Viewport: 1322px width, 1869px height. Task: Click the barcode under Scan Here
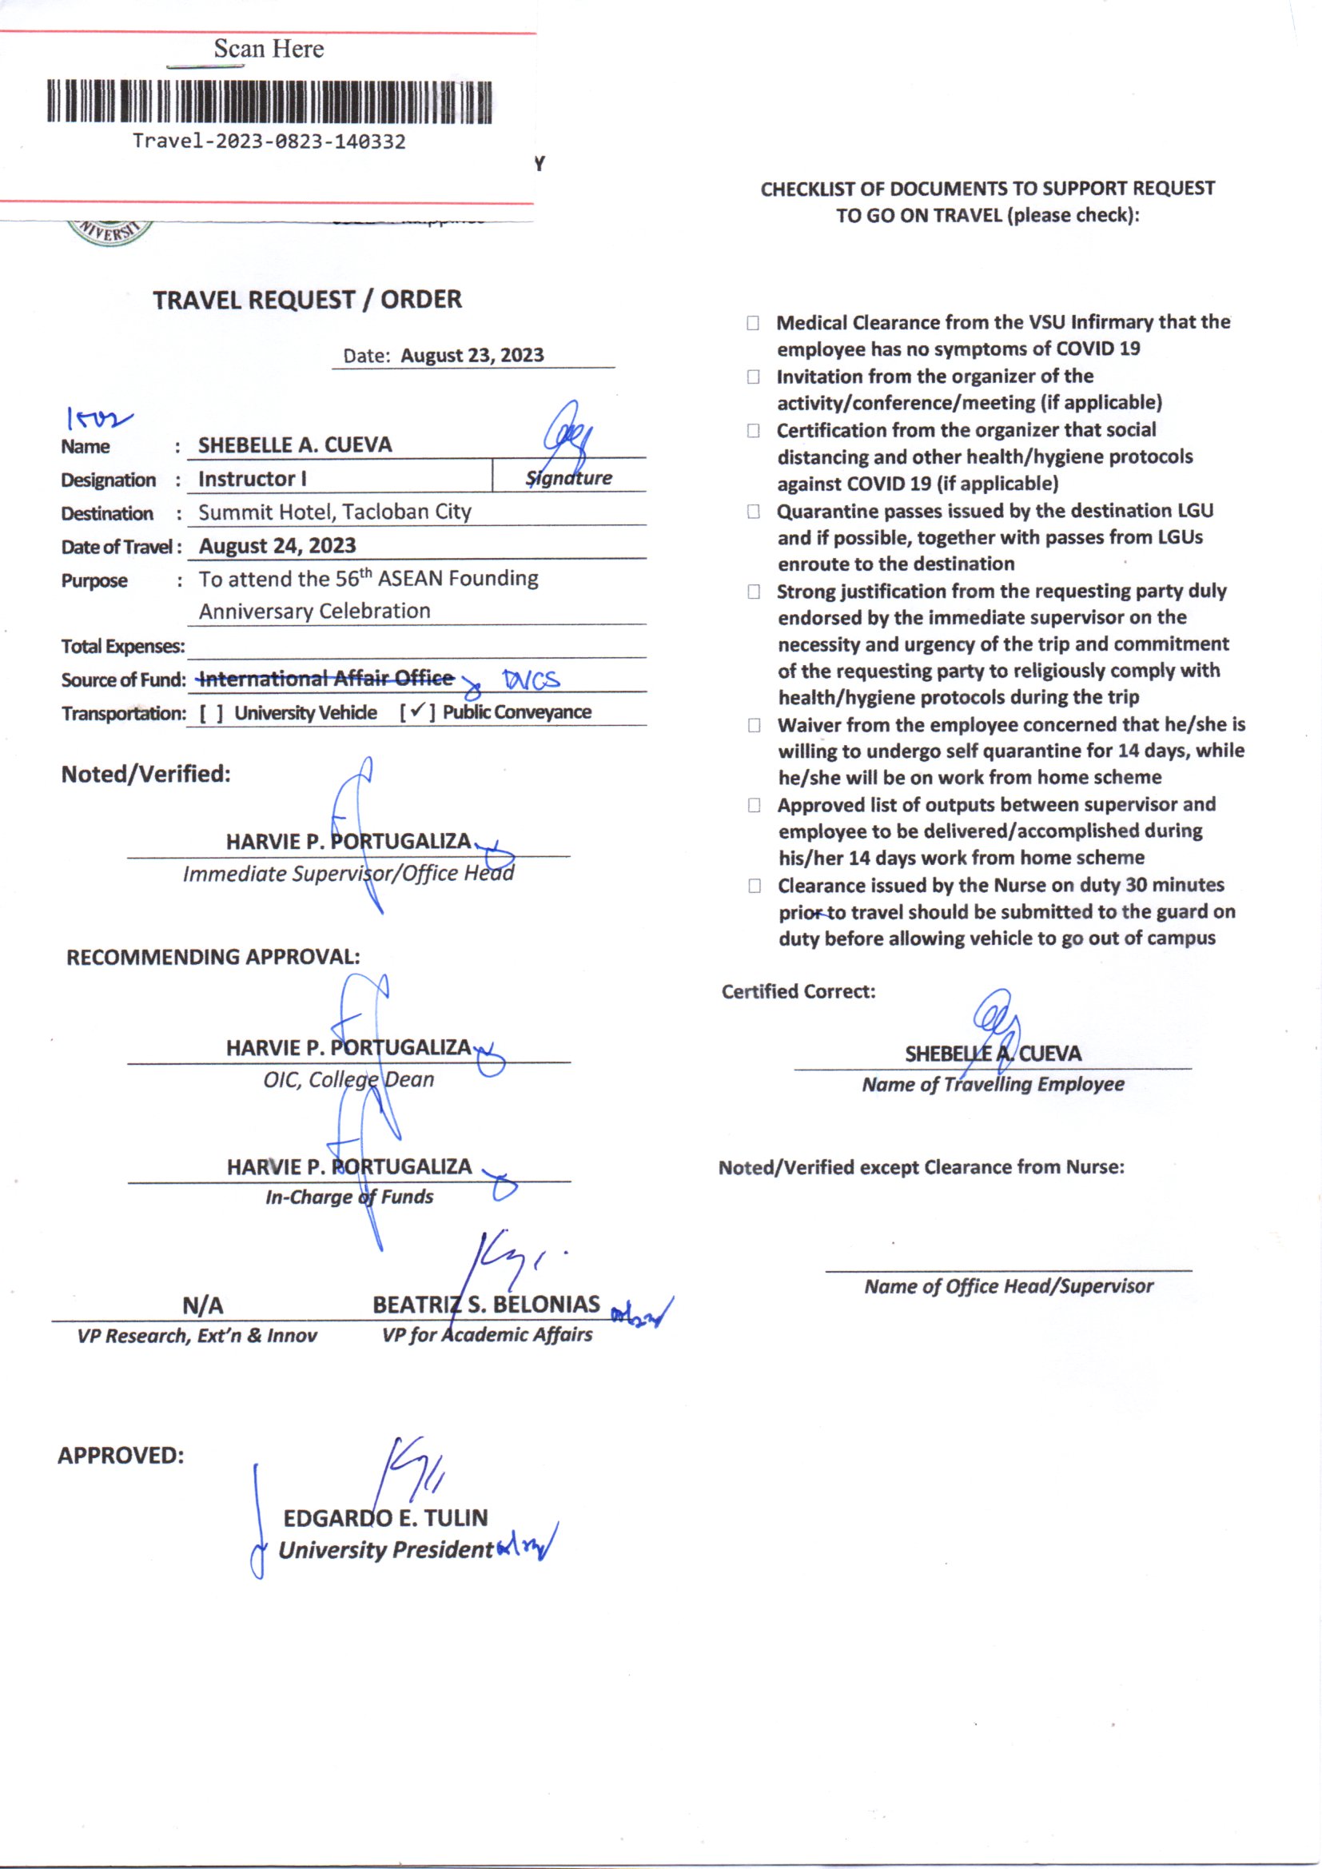coord(269,102)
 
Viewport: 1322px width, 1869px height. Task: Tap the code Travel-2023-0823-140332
coord(269,141)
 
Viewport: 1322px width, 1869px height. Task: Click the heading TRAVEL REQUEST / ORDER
coord(307,300)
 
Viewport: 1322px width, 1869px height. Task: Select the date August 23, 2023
coord(472,355)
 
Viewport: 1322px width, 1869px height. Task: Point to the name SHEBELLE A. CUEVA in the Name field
coord(295,444)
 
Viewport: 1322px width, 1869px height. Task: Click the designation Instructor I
coord(253,479)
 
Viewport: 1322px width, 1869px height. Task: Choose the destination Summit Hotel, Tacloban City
coord(335,512)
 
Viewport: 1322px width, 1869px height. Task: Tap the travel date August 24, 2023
coord(277,545)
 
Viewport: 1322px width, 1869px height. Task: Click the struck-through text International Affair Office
coord(325,678)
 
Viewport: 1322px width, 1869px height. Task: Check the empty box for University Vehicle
coord(212,714)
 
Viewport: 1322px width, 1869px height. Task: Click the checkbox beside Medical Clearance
coord(753,323)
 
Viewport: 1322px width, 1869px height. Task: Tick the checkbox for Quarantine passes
coord(754,511)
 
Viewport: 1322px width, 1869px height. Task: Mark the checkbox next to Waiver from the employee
coord(755,725)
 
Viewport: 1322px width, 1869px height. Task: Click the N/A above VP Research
coord(203,1305)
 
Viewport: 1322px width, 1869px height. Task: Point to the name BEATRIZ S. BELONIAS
coord(486,1304)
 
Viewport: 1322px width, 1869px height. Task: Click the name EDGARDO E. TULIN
coord(385,1517)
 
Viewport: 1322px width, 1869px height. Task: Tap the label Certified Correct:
coord(798,991)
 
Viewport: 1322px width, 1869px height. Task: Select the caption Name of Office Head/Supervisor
coord(1009,1286)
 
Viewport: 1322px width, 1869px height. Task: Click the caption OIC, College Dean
coord(348,1079)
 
